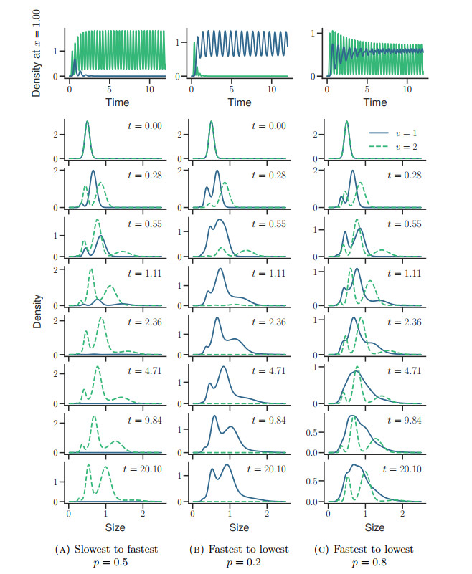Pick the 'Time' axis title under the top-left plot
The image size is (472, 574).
118,102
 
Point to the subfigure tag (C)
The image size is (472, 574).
325,550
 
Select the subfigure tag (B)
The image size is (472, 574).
197,550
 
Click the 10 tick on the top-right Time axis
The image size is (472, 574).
407,90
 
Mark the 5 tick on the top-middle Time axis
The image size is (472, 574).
232,90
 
